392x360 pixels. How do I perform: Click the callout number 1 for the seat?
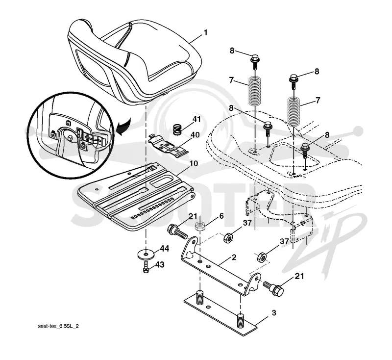205,33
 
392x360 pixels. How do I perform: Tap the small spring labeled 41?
177,130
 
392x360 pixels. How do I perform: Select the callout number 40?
195,135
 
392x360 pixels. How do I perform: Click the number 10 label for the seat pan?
194,163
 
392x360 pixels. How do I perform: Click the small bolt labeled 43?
146,267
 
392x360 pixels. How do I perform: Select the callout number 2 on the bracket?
234,257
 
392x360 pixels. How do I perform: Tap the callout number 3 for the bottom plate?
274,312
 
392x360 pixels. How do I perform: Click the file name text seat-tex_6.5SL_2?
58,326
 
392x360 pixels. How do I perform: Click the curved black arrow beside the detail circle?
124,127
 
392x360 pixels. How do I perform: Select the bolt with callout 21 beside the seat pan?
177,231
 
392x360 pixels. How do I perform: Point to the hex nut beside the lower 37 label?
261,257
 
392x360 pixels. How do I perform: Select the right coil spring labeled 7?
294,111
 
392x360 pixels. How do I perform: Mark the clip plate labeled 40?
168,144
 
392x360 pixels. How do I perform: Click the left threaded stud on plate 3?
200,297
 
